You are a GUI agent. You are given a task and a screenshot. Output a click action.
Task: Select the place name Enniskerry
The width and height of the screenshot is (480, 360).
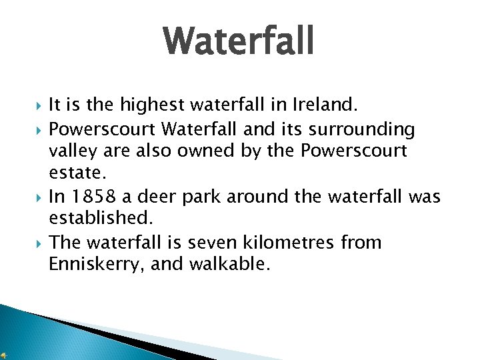coord(96,265)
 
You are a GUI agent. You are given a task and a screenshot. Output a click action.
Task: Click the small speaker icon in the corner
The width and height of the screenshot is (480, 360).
coord(5,354)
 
